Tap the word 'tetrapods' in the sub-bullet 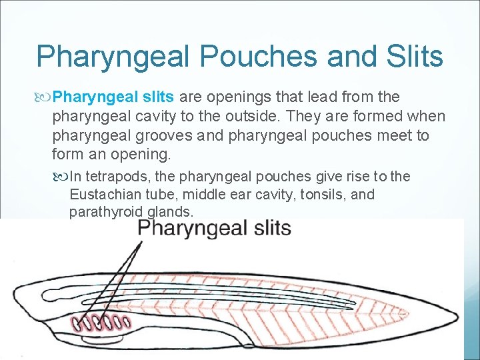point(126,176)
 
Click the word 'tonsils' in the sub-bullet point(322,195)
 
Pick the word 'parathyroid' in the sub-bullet point(102,213)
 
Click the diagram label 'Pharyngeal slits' point(214,229)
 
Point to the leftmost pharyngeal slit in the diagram point(79,325)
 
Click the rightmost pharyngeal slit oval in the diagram point(127,323)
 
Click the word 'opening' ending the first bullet point(141,155)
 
